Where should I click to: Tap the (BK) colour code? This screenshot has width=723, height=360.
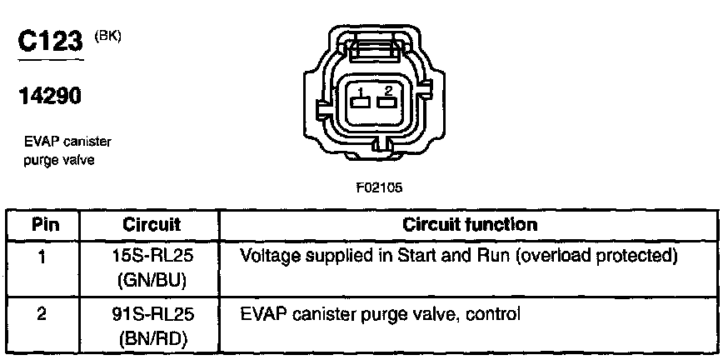click(107, 36)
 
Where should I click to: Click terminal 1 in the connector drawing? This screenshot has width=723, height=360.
click(360, 102)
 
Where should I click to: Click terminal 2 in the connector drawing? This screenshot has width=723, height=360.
click(385, 102)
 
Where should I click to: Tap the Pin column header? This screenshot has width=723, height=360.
click(42, 225)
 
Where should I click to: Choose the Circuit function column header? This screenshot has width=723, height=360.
click(470, 225)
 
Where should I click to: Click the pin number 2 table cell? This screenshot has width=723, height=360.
click(42, 316)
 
